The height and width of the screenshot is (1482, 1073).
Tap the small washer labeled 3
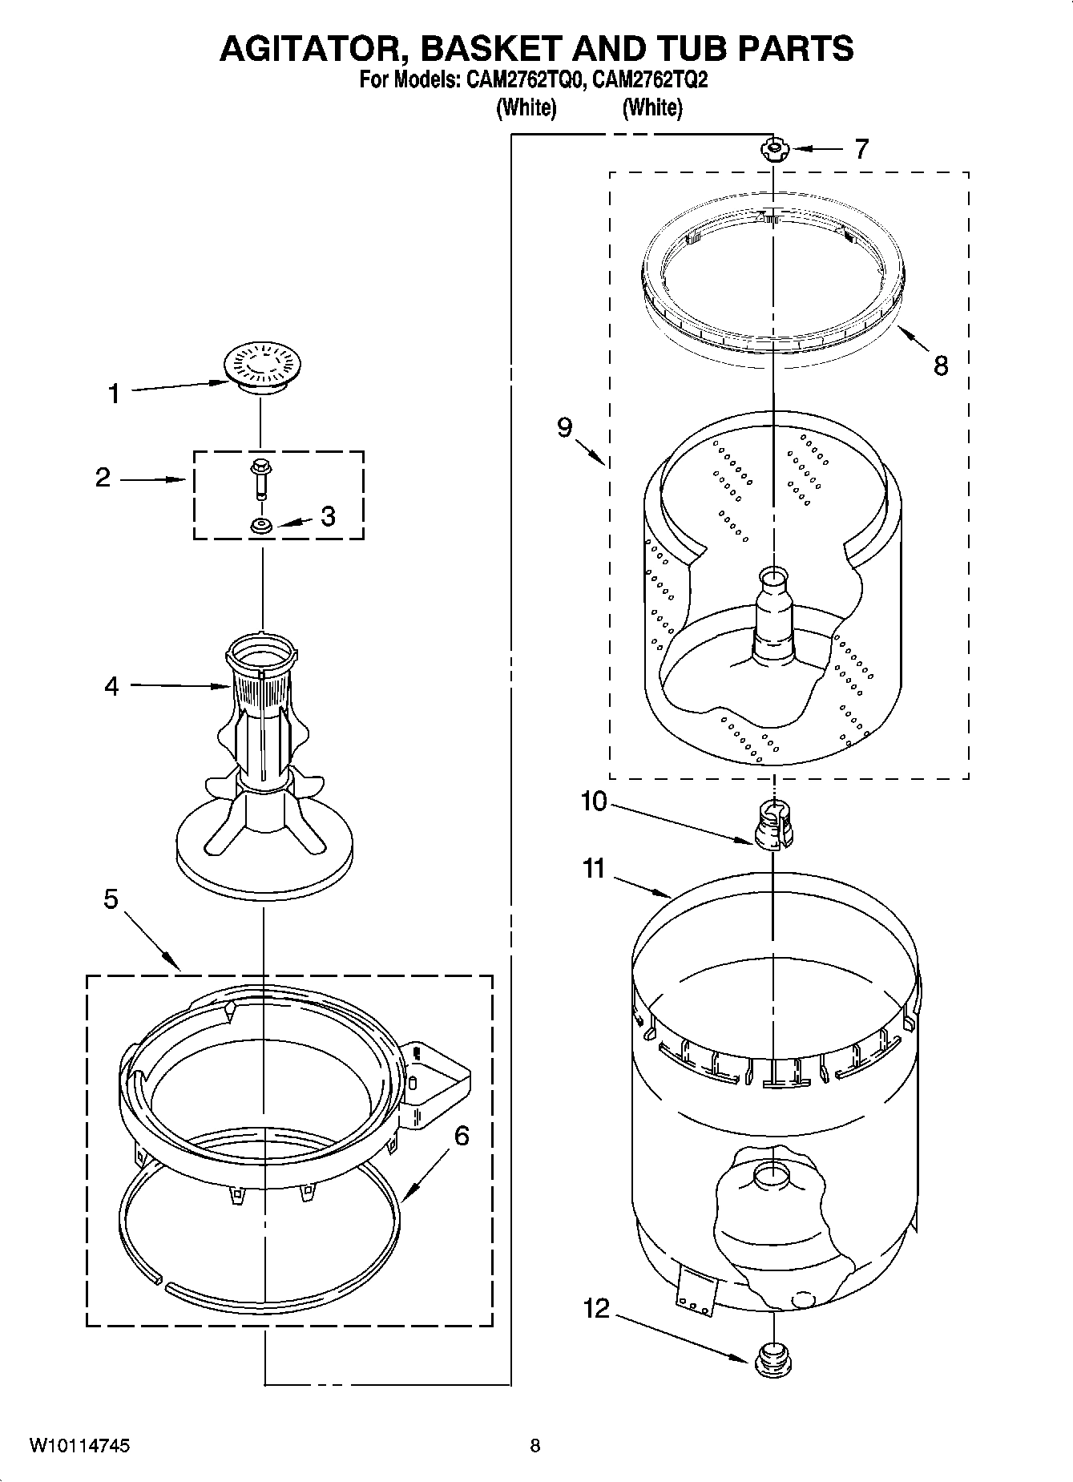pyautogui.click(x=260, y=526)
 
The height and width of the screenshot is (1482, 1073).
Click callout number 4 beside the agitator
pyautogui.click(x=111, y=686)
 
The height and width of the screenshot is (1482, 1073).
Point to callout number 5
pyautogui.click(x=111, y=899)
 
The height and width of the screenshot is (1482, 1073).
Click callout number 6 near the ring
pyautogui.click(x=461, y=1135)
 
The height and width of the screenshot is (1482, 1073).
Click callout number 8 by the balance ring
pyautogui.click(x=941, y=365)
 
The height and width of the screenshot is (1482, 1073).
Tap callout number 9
pyautogui.click(x=566, y=428)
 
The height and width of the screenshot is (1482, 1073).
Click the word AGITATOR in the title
pyautogui.click(x=313, y=49)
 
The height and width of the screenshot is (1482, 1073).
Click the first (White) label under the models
pyautogui.click(x=526, y=107)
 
